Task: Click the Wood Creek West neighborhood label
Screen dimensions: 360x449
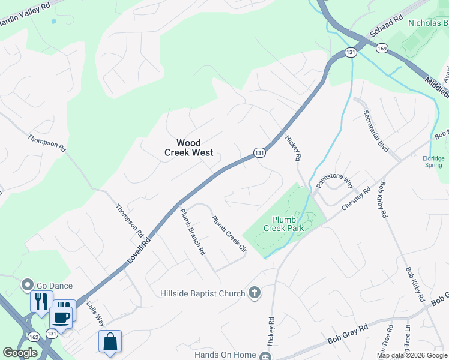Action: pyautogui.click(x=188, y=148)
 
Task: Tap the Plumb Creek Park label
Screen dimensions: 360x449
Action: pyautogui.click(x=288, y=224)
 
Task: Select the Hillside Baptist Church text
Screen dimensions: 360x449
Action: pyautogui.click(x=203, y=293)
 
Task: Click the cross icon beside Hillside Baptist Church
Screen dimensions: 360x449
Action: pyautogui.click(x=255, y=293)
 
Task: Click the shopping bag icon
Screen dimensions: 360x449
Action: pyautogui.click(x=110, y=341)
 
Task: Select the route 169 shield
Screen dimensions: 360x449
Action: pyautogui.click(x=382, y=48)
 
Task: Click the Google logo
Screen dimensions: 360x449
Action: pyautogui.click(x=20, y=353)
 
